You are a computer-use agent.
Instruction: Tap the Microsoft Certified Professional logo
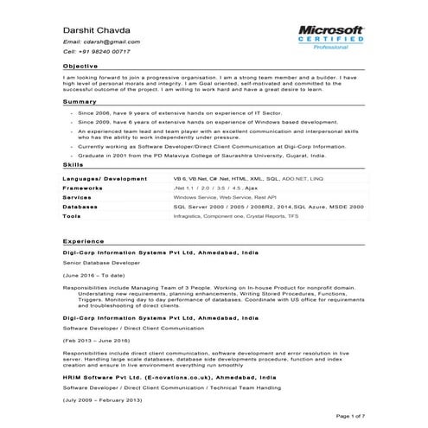coord(332,38)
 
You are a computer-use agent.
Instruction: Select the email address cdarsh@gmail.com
coord(102,42)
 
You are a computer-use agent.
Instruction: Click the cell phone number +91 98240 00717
coord(96,52)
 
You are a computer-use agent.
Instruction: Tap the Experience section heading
coord(84,241)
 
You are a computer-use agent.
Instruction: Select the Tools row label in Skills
coord(73,216)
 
